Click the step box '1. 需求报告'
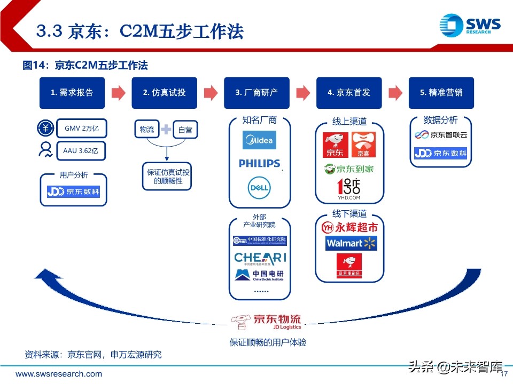72,93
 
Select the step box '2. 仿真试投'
165,93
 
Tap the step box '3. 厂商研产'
256,93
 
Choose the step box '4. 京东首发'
349,93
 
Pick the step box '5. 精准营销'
441,93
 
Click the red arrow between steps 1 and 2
119,93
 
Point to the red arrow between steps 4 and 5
395,93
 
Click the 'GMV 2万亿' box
82,129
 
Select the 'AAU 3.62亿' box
82,151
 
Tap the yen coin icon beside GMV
45,129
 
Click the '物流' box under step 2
147,130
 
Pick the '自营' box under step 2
185,130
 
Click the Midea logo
259,140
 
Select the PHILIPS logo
259,163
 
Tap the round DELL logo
259,187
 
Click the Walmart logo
351,243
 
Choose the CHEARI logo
260,259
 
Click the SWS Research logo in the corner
470,25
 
